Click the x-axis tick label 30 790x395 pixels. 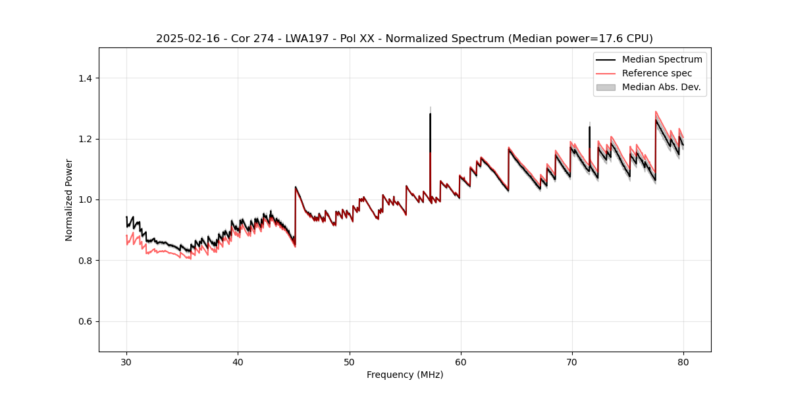[x=126, y=361]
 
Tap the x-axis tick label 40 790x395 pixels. [x=238, y=361]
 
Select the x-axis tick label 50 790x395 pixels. [x=349, y=361]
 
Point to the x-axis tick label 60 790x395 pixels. [x=460, y=361]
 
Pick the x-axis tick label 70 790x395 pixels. [x=571, y=361]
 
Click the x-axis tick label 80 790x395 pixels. [x=683, y=361]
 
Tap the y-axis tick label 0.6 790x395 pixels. [x=84, y=321]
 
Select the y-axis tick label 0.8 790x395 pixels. [x=84, y=261]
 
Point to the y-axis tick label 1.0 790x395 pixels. [x=84, y=199]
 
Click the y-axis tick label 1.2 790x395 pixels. [x=84, y=139]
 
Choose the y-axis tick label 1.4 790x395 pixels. [x=84, y=78]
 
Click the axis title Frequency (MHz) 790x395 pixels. [x=405, y=375]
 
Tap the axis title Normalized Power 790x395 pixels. [x=69, y=199]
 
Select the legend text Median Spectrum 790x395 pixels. [x=662, y=59]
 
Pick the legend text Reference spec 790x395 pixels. [x=657, y=73]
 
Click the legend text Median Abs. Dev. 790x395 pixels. [x=661, y=87]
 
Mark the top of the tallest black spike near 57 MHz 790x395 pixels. [x=430, y=114]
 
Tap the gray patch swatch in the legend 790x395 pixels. [x=606, y=87]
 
